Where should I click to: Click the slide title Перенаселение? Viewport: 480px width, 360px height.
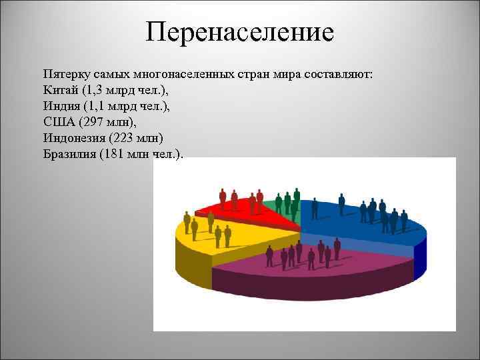click(x=239, y=32)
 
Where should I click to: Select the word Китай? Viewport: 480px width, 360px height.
click(x=59, y=89)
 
